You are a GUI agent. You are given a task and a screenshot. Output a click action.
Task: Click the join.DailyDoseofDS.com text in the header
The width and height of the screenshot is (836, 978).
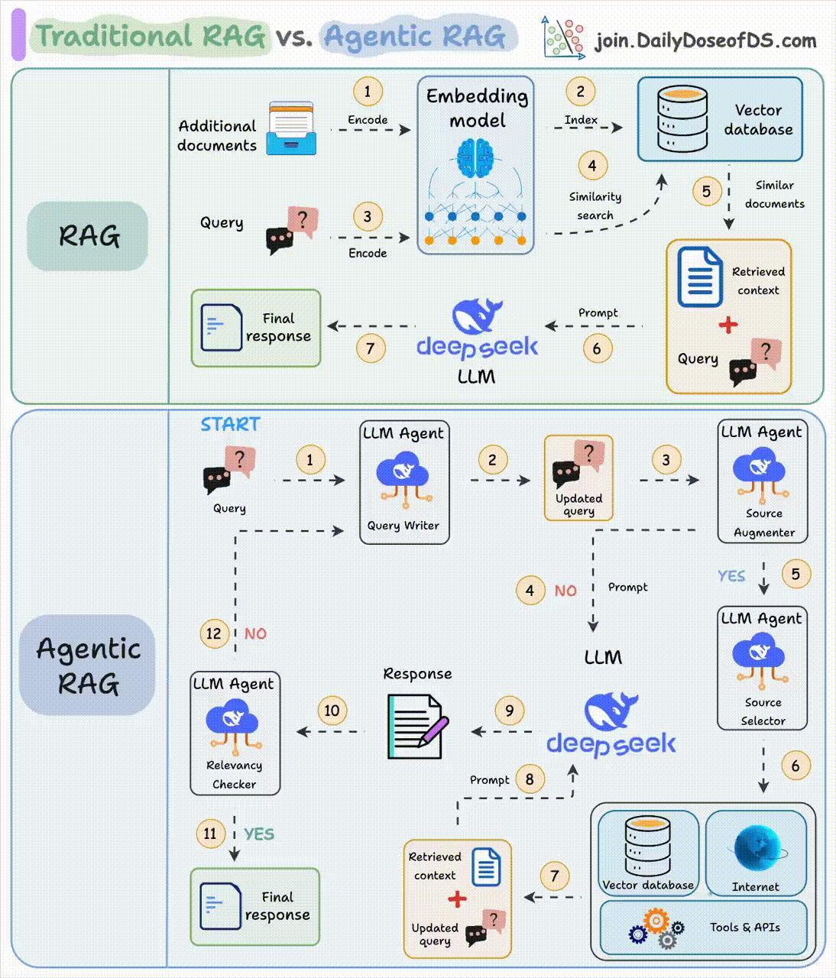[705, 41]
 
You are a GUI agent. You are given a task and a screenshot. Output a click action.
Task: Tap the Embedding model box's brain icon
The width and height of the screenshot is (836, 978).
[475, 158]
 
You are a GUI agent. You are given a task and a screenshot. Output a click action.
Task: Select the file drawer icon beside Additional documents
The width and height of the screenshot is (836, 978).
[291, 128]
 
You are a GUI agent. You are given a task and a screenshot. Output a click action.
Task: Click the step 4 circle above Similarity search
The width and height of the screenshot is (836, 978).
[592, 166]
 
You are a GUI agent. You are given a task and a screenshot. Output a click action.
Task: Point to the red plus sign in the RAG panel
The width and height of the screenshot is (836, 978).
[727, 325]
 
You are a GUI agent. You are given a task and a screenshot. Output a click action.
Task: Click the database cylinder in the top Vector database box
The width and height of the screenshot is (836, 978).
[682, 118]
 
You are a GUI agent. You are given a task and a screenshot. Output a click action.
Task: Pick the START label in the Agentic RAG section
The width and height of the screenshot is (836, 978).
[231, 424]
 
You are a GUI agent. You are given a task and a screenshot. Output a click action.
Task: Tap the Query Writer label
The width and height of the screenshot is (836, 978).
[403, 526]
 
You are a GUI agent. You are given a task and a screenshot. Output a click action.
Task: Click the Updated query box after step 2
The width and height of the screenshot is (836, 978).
[578, 478]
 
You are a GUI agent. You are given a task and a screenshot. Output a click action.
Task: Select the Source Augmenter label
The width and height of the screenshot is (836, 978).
[763, 523]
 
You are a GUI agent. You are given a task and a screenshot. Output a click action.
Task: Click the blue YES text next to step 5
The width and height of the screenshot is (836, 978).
[731, 576]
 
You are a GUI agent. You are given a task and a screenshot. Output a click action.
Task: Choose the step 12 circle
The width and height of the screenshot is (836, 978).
[213, 633]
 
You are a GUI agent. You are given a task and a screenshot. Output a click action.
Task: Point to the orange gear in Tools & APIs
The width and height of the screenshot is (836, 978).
[656, 920]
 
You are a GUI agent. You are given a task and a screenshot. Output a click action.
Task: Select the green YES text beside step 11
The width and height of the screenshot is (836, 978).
[259, 834]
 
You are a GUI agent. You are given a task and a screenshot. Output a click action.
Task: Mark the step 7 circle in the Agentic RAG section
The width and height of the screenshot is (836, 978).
[554, 876]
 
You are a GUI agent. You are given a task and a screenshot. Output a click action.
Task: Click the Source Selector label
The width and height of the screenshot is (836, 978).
[763, 711]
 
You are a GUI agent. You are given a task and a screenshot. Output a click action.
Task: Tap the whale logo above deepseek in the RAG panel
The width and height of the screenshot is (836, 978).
[477, 316]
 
